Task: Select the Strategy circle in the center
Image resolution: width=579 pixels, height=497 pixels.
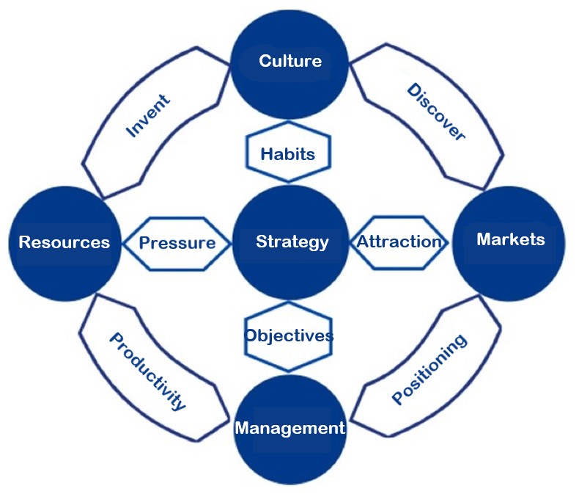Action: click(x=291, y=242)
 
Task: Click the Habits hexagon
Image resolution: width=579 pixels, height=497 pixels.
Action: click(x=288, y=153)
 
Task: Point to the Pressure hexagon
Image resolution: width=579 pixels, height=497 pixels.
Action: click(x=177, y=242)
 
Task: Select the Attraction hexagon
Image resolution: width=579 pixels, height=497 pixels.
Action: click(x=399, y=242)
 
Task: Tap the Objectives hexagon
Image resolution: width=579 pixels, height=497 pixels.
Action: click(x=289, y=335)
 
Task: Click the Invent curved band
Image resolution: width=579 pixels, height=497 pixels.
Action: click(x=150, y=117)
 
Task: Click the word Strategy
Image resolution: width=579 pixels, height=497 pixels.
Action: click(x=292, y=242)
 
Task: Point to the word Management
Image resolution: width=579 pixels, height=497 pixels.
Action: click(x=289, y=427)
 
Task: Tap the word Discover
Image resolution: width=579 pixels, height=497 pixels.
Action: click(x=435, y=112)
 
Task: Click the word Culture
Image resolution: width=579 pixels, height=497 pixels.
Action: click(x=290, y=60)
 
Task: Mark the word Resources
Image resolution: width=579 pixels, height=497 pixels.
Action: click(x=64, y=242)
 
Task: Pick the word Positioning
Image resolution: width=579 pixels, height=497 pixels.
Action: click(x=429, y=369)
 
